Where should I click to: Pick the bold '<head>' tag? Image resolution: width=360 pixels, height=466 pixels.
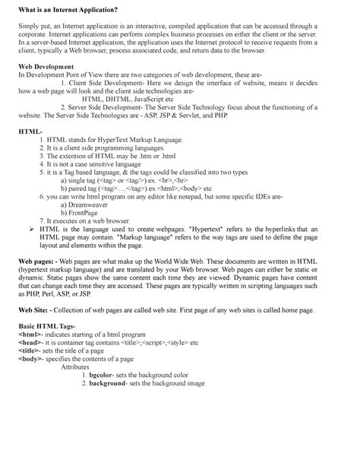(31, 364)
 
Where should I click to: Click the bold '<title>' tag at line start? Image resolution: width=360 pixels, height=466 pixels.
(30, 373)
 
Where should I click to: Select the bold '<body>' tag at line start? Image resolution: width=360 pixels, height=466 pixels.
(31, 382)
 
